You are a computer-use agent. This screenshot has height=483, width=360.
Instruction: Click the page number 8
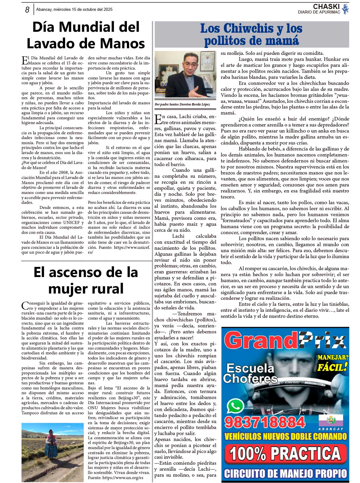point(27,10)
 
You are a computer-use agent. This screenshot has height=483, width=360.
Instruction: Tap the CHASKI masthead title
point(326,6)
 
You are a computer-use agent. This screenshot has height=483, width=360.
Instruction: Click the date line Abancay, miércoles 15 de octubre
point(74,10)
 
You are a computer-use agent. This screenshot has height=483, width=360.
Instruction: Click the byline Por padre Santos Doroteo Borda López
point(182,104)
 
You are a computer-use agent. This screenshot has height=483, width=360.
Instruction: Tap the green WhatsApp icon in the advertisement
point(235,406)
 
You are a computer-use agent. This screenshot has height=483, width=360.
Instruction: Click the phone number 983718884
point(264,422)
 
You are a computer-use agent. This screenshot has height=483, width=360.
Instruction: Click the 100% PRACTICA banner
point(285,453)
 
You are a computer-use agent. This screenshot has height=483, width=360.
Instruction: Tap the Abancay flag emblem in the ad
point(331,420)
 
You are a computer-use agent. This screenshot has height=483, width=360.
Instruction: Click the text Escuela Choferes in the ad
point(250,373)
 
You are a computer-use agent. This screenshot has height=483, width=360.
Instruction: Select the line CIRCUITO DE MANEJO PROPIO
point(285,473)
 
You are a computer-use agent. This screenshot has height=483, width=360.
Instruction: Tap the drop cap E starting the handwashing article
point(25,60)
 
